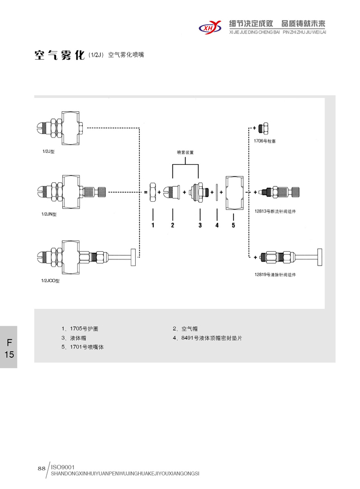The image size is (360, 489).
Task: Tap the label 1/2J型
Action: [x=48, y=152]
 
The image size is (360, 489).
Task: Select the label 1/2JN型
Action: [x=49, y=214]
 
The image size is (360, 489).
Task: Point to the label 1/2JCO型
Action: [x=51, y=281]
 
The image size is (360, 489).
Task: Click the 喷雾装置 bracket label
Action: [x=185, y=152]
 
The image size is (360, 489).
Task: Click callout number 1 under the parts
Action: [x=153, y=225]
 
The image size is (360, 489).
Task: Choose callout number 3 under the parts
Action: [x=200, y=225]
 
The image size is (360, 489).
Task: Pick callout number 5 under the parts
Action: [x=233, y=225]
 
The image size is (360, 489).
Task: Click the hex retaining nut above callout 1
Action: [x=153, y=192]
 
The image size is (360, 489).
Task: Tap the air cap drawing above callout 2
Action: [x=172, y=192]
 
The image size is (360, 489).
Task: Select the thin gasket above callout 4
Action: [x=217, y=192]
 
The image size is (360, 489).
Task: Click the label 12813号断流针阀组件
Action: [x=275, y=211]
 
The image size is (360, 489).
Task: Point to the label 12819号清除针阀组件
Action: [x=275, y=274]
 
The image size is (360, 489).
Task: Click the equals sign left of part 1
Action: [x=145, y=192]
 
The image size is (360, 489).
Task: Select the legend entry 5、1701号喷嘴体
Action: [x=83, y=347]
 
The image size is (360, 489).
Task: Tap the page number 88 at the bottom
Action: [x=42, y=468]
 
